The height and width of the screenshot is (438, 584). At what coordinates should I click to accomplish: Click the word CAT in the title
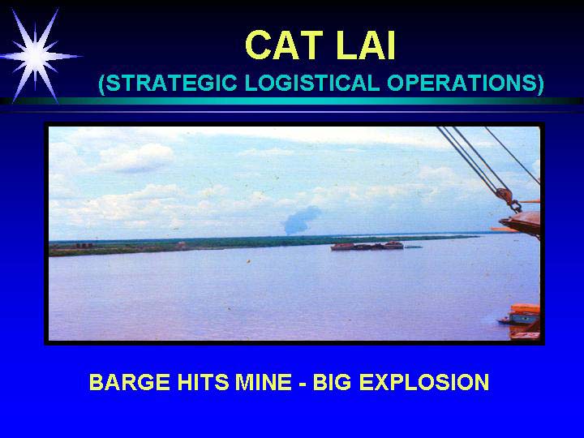(x=284, y=45)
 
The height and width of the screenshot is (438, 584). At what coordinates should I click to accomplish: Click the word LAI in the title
(x=365, y=45)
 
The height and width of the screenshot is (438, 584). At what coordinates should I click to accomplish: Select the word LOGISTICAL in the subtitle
(x=312, y=83)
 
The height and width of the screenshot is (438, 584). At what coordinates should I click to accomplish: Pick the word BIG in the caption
(x=332, y=382)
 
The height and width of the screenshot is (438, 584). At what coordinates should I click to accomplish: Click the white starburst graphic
(x=36, y=56)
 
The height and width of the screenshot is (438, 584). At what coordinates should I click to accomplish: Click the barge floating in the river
(x=367, y=246)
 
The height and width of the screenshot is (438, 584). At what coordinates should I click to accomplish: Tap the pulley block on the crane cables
(x=504, y=195)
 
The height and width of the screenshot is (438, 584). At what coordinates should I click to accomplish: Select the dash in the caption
(x=302, y=383)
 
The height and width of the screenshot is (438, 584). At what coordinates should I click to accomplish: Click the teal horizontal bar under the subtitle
(x=292, y=101)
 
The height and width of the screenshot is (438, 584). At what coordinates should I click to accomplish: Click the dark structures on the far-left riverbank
(x=84, y=246)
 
